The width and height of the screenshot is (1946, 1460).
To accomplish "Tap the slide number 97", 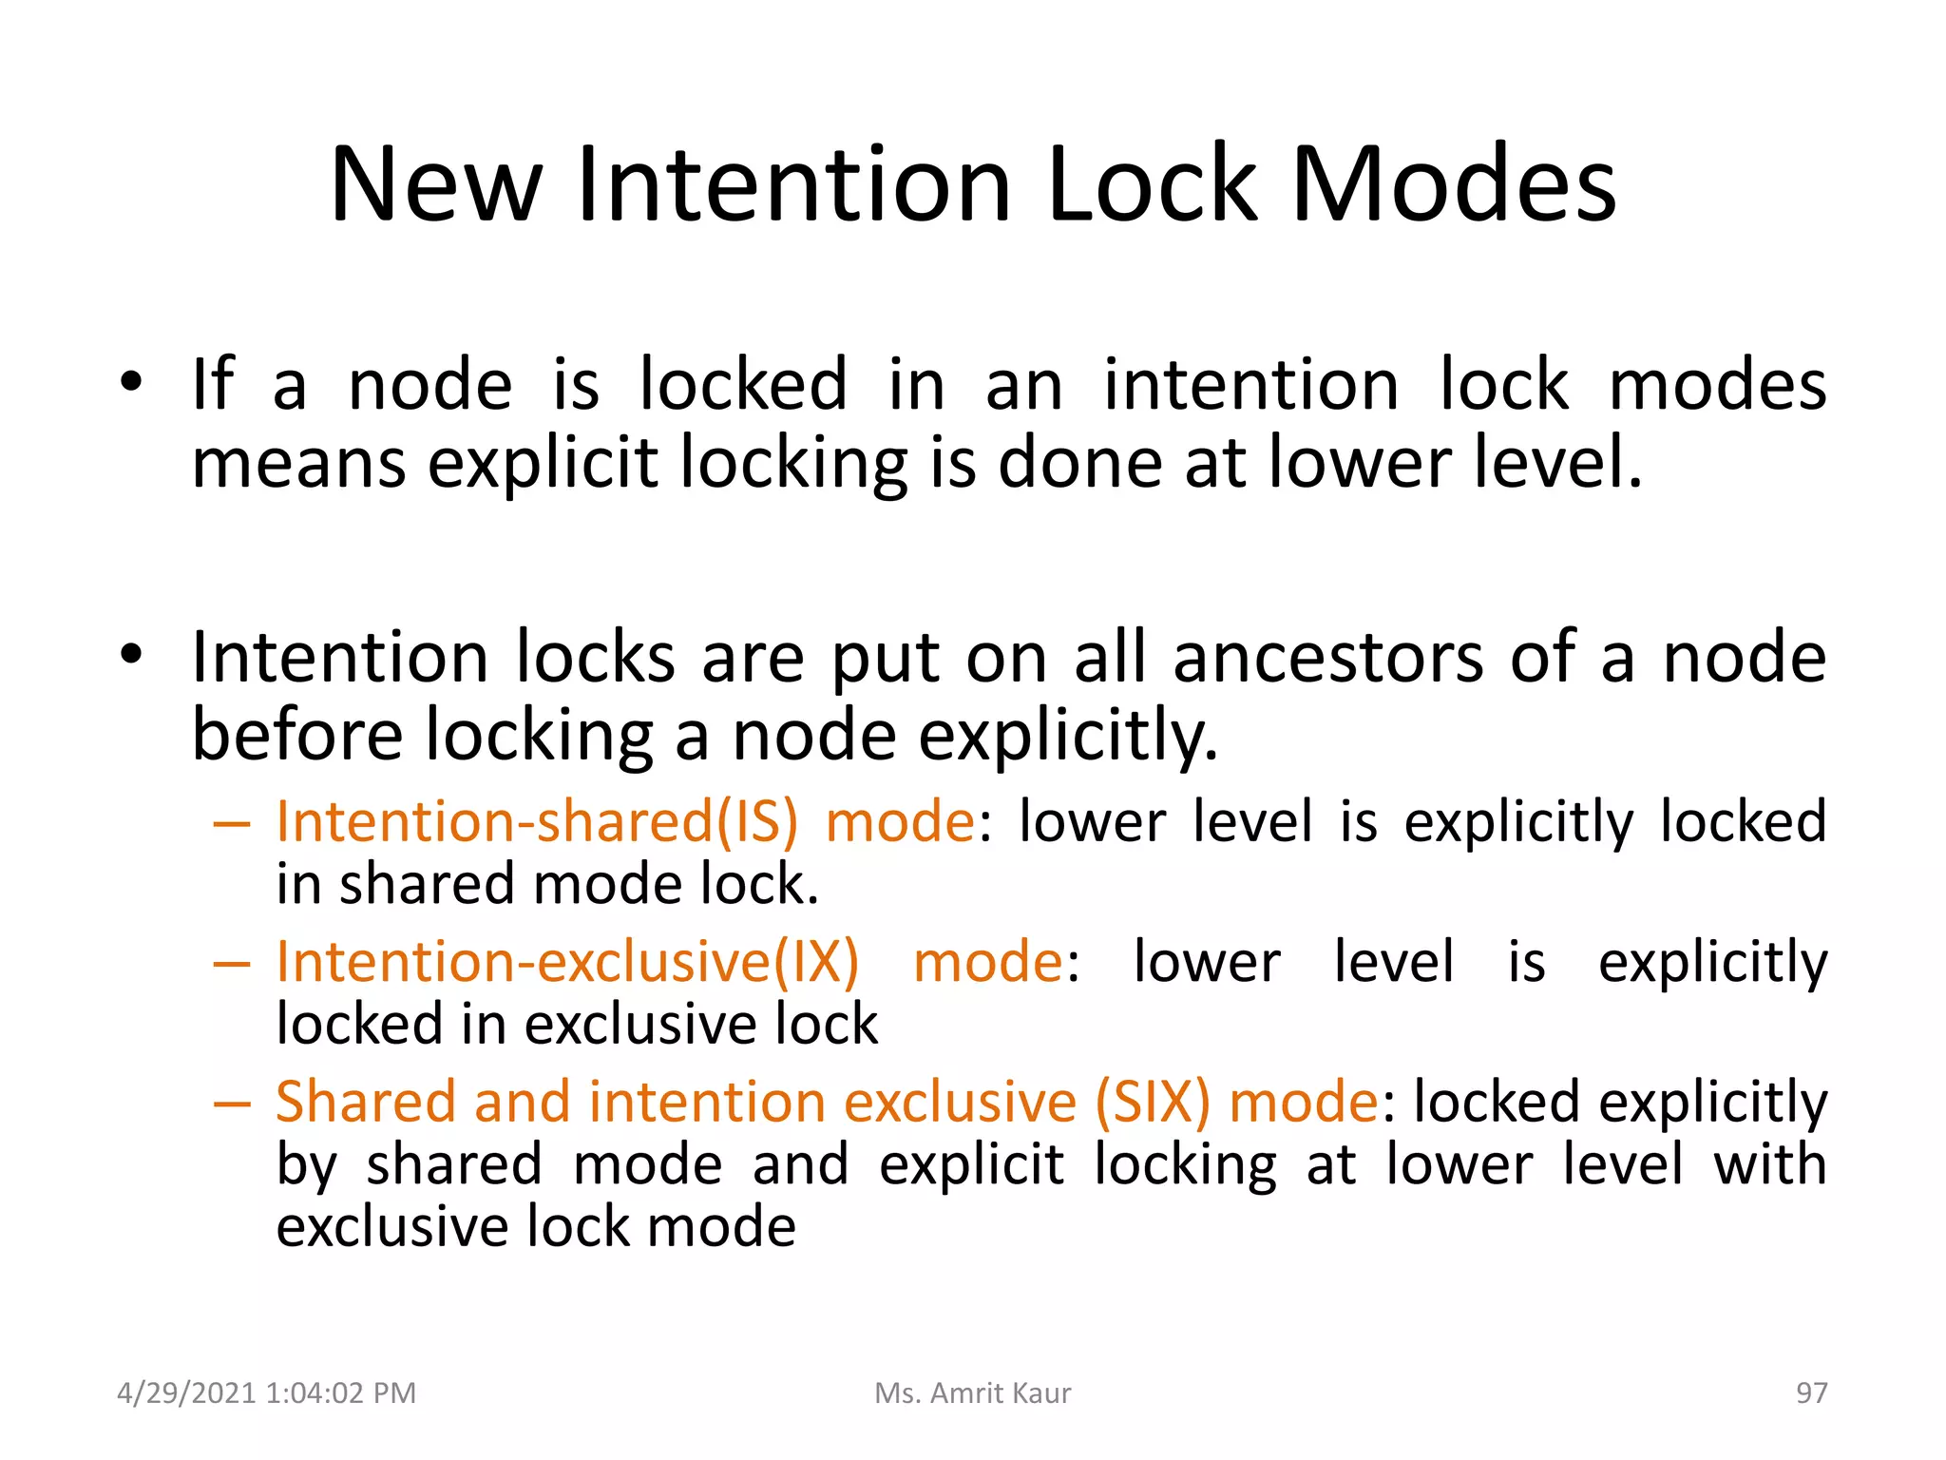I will click(1811, 1393).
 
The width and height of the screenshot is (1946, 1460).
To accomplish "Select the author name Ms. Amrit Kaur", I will click(972, 1393).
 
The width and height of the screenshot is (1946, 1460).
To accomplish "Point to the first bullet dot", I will click(131, 383).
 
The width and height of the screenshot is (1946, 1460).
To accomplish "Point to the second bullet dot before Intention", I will click(131, 655).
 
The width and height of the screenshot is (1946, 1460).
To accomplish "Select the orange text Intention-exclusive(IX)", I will click(567, 961).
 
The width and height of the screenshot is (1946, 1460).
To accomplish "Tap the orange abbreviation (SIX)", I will click(1153, 1102).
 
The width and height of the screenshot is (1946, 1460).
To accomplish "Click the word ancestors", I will click(1327, 658).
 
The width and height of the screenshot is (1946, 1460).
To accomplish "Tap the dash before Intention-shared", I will click(232, 823).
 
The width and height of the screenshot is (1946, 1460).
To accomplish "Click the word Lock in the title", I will click(1152, 185).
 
